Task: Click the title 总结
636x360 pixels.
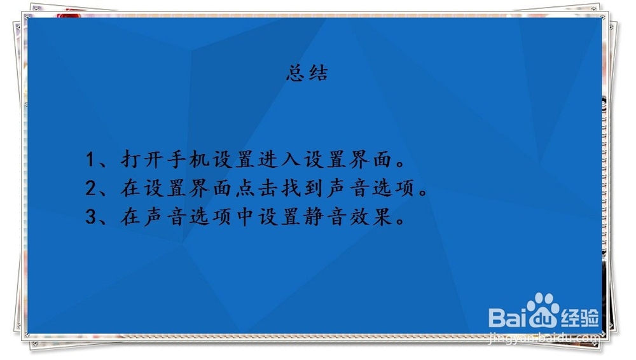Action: [307, 73]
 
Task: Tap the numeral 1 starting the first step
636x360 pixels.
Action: [91, 159]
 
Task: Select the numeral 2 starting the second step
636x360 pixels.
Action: [91, 188]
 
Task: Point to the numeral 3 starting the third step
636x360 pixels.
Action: [91, 218]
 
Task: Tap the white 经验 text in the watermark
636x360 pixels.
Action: [579, 315]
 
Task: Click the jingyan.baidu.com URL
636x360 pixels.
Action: [544, 338]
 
